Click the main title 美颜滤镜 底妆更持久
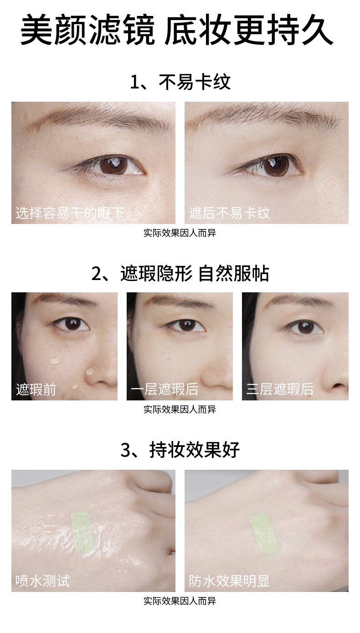coord(177,30)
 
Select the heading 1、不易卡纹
coord(180,82)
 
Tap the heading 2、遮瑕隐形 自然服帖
coord(180,274)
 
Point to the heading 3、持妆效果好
coord(180,450)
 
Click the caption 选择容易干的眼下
coord(70,213)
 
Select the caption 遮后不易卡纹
coord(230,213)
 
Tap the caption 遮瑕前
coord(36,389)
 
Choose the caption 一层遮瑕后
coord(165,389)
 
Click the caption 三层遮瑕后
coord(280,389)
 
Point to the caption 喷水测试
coord(43,581)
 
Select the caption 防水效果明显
coord(229,581)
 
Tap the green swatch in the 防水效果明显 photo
coord(264,533)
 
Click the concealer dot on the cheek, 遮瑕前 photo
coord(55,361)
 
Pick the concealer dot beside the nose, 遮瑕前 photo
coord(90,371)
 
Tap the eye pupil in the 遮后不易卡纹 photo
coord(276,166)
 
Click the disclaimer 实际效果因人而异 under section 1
coord(180,233)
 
